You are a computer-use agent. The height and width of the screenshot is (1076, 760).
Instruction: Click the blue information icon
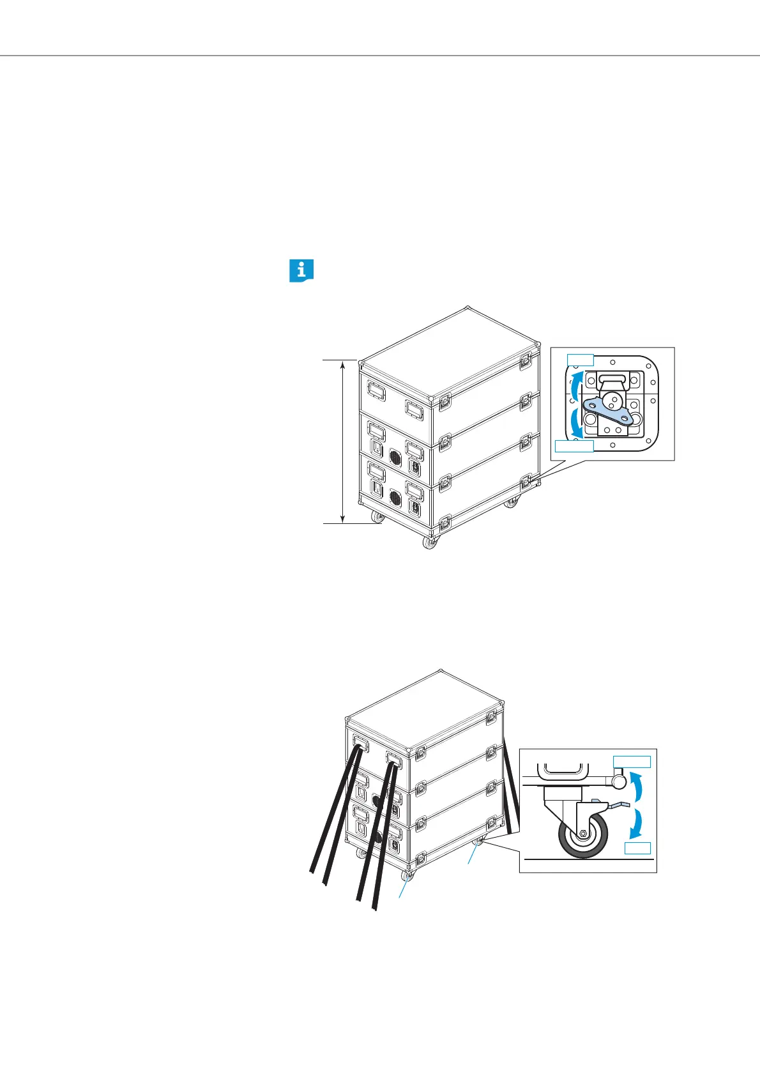coord(301,271)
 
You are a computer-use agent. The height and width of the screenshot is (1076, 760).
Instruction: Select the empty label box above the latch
coord(581,359)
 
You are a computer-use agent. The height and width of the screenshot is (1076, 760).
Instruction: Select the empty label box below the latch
coord(574,446)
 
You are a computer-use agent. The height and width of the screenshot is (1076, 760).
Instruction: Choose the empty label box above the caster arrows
coord(632,761)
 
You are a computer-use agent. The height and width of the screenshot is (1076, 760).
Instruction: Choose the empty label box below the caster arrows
coord(637,848)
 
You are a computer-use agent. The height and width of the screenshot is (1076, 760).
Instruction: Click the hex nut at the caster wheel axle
coord(584,834)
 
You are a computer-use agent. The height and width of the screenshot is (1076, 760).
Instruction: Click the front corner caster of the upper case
coord(430,542)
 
